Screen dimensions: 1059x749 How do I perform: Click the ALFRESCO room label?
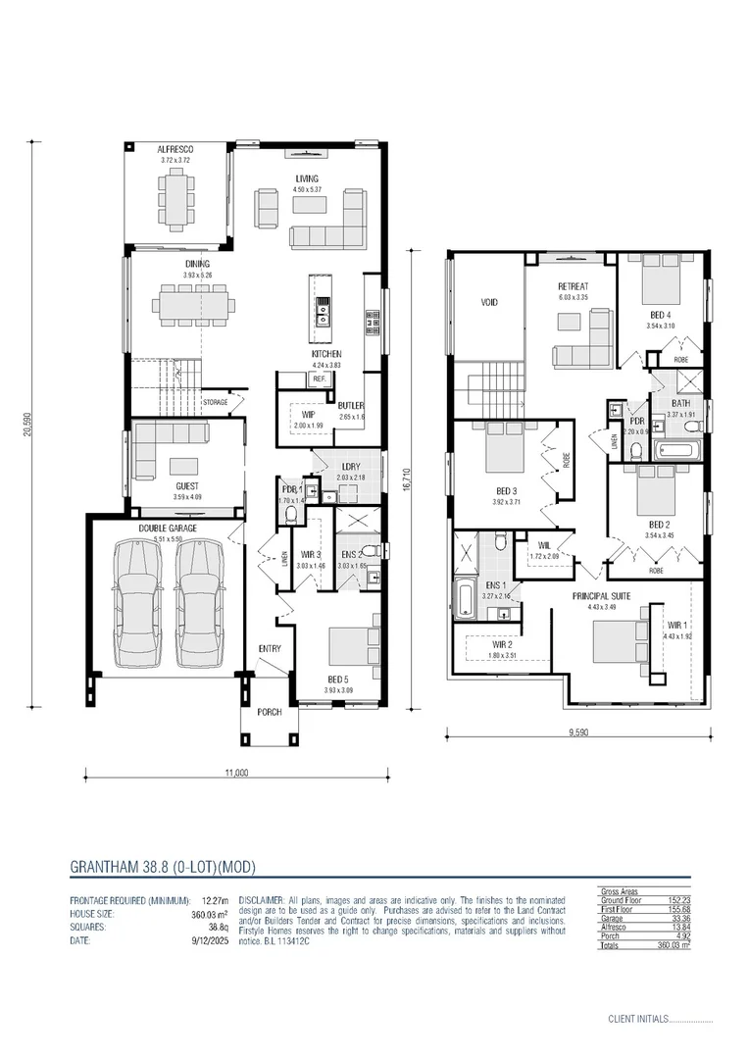tap(175, 149)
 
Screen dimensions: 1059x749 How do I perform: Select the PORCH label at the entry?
tap(269, 713)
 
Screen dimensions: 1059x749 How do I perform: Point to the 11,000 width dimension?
tap(236, 772)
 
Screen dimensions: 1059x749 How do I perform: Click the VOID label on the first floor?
tap(488, 303)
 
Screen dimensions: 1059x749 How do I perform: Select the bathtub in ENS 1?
tap(463, 600)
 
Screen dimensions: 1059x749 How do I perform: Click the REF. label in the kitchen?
tap(318, 378)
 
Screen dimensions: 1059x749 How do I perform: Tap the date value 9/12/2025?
tap(214, 940)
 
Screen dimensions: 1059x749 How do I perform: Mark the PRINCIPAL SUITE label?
tap(601, 596)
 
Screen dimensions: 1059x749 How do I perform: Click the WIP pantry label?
tap(308, 415)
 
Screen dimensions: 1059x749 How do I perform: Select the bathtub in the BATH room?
tap(677, 452)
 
